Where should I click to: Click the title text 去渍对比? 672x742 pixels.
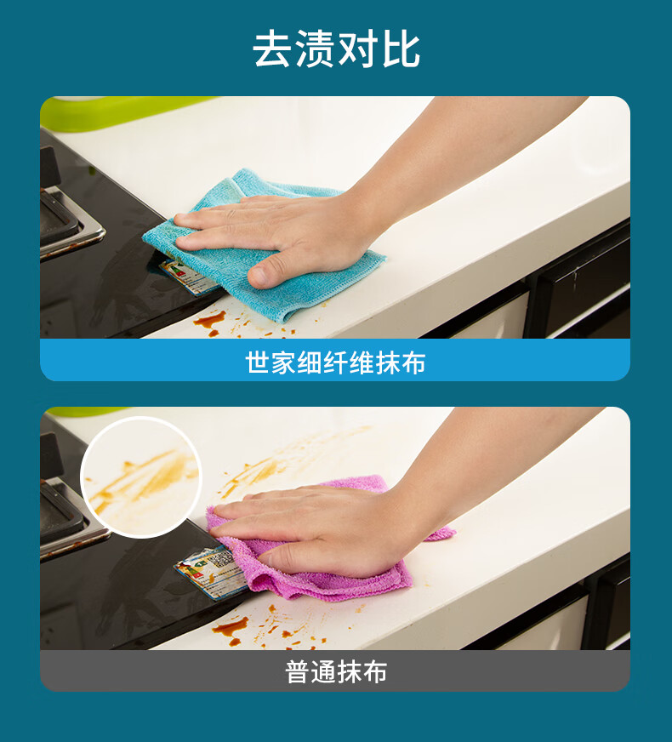(336, 49)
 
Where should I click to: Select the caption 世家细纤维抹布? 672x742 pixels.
(335, 363)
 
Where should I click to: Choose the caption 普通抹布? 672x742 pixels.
(336, 671)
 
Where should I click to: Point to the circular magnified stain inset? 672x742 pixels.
(141, 477)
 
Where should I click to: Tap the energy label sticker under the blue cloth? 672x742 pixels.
(188, 277)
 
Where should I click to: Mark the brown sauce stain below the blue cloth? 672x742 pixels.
(209, 321)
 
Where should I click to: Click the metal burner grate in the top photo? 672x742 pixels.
(71, 222)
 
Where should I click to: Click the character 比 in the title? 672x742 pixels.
(401, 49)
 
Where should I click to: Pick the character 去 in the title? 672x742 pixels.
(271, 49)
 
